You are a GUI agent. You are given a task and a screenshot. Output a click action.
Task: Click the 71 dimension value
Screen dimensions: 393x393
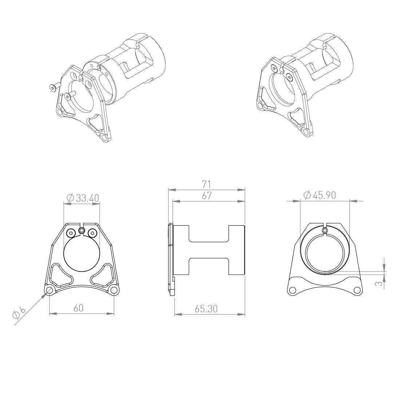point(206,184)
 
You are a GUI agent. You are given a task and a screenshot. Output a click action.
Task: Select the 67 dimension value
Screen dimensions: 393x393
point(207,196)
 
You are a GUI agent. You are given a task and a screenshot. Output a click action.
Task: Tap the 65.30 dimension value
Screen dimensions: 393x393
point(206,309)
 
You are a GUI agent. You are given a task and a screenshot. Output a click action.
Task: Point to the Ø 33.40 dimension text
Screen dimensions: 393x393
point(83,198)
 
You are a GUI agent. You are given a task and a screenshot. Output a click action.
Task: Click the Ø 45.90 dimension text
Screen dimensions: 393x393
point(319,195)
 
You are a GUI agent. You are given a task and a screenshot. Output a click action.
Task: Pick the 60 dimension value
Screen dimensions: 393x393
point(79,308)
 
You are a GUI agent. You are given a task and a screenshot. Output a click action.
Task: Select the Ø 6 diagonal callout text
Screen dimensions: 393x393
point(19,313)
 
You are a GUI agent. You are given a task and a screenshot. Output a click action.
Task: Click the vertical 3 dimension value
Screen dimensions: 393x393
point(380,283)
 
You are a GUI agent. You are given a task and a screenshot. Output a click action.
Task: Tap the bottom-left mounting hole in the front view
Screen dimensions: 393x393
point(49,290)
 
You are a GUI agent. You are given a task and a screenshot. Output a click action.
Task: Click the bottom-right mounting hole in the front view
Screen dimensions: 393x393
point(114,290)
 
